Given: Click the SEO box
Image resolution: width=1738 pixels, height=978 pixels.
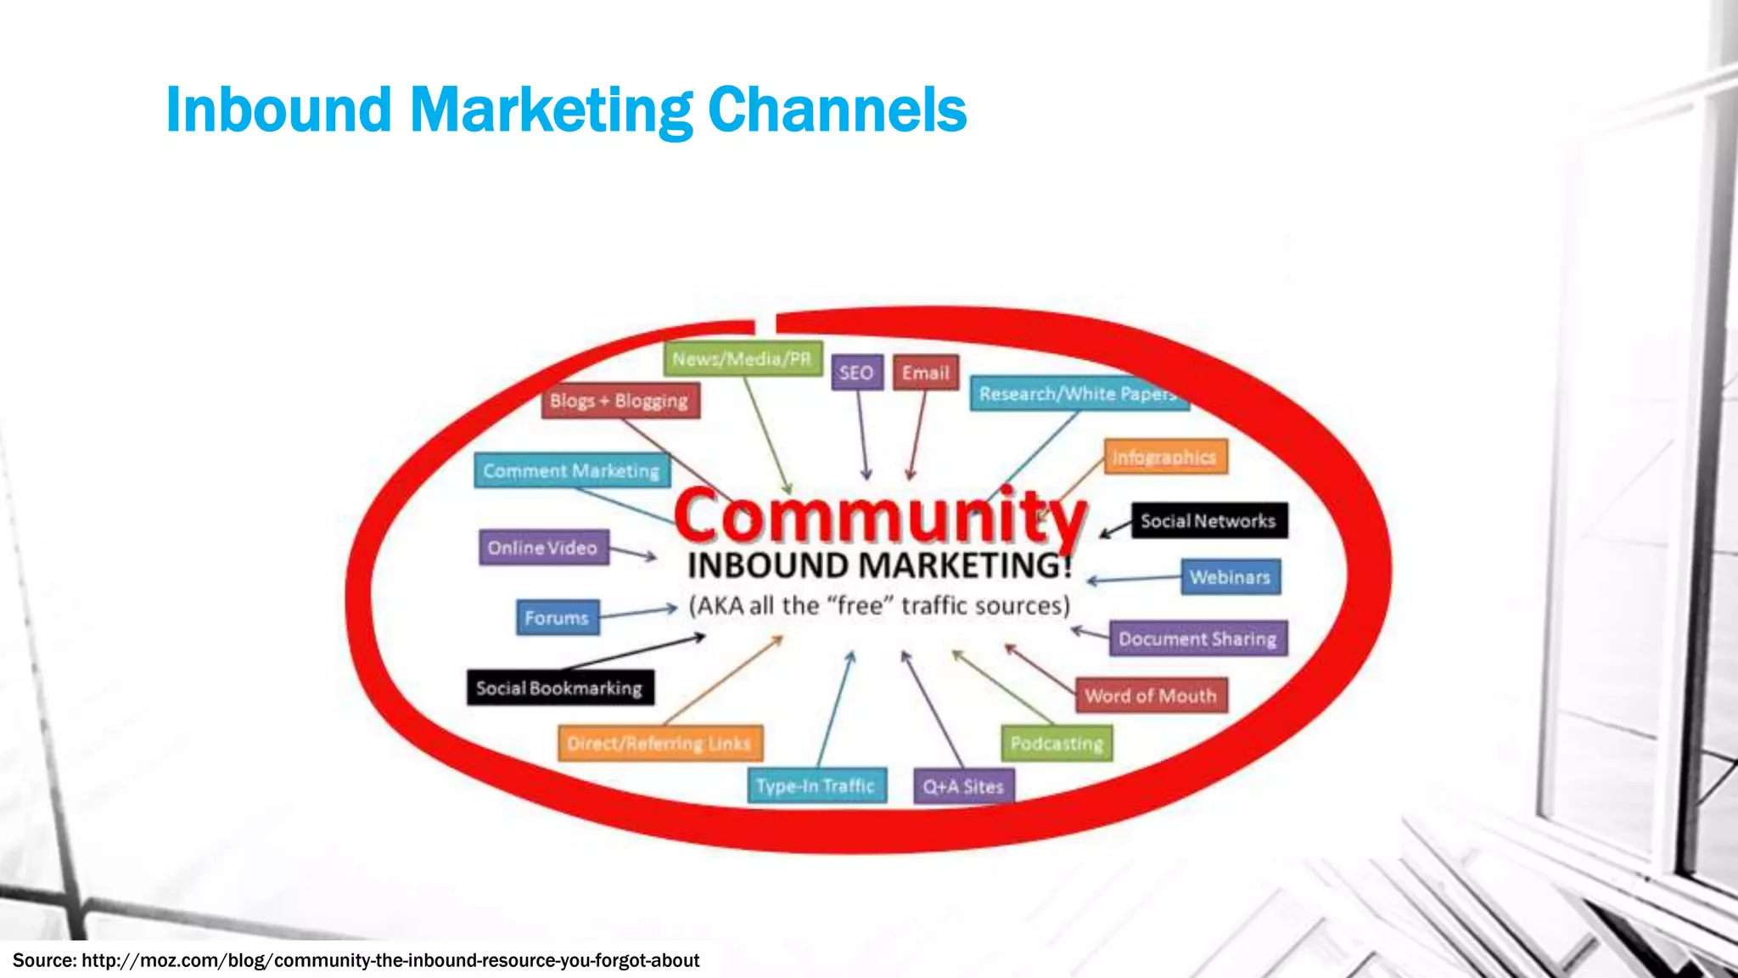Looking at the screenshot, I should pyautogui.click(x=856, y=373).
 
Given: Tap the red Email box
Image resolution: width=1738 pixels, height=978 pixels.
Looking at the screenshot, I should pyautogui.click(x=925, y=373).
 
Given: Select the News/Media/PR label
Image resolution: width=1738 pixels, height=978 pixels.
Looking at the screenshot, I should pyautogui.click(x=742, y=359).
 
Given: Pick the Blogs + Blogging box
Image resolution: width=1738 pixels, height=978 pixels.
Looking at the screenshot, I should pyautogui.click(x=620, y=401).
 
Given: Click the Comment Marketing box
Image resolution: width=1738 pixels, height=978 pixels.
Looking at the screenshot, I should pyautogui.click(x=571, y=470).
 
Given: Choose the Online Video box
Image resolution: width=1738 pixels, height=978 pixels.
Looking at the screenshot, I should pyautogui.click(x=543, y=548).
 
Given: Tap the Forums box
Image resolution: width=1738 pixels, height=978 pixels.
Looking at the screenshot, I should pyautogui.click(x=557, y=617).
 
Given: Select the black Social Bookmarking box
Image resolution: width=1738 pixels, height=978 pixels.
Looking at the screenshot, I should pyautogui.click(x=559, y=688).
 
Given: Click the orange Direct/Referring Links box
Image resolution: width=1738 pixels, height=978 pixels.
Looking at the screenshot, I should pyautogui.click(x=659, y=744).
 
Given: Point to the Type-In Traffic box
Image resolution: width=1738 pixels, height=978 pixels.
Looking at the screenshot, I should pyautogui.click(x=816, y=786).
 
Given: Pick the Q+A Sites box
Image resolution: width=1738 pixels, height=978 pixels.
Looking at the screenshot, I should pyautogui.click(x=963, y=787).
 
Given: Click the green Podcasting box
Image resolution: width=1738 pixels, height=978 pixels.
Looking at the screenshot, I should pyautogui.click(x=1057, y=744).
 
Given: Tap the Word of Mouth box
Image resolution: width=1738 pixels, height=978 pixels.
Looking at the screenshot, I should pyautogui.click(x=1151, y=695).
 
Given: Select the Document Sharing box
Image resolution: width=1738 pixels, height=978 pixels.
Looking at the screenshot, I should pyautogui.click(x=1197, y=638).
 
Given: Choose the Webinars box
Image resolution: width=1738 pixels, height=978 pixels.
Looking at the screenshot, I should pyautogui.click(x=1230, y=577).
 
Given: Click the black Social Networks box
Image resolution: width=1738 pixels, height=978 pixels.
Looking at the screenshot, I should pyautogui.click(x=1208, y=520).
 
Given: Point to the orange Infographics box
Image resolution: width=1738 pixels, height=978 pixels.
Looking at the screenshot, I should pyautogui.click(x=1164, y=457).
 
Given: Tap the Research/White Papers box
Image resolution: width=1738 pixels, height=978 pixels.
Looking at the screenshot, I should pyautogui.click(x=1078, y=393).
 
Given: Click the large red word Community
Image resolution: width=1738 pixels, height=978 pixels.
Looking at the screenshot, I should pyautogui.click(x=880, y=516).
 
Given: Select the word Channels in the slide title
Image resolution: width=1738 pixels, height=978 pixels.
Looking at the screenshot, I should pyautogui.click(x=837, y=110).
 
